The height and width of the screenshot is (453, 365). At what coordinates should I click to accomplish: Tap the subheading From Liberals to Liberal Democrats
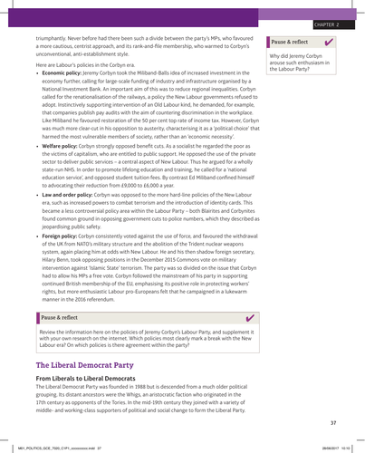point(93,378)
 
